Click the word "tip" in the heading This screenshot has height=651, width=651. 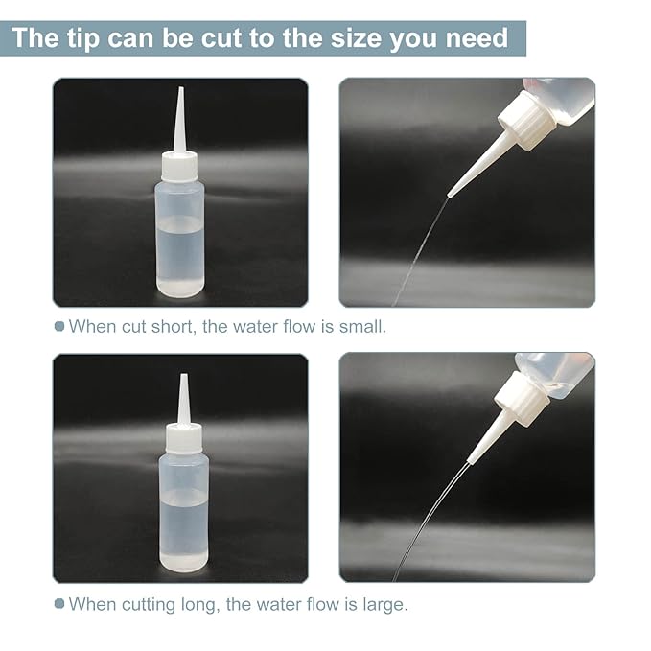pos(95,38)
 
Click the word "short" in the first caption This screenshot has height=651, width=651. pos(167,327)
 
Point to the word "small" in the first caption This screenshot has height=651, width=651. pos(364,327)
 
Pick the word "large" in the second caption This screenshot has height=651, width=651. pos(384,605)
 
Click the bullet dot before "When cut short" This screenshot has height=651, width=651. pos(59,327)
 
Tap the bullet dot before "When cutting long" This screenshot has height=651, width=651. pos(59,605)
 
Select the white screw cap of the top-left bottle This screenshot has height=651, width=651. pos(179,167)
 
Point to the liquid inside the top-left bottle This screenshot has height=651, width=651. pos(180,254)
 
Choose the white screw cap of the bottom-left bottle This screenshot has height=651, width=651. pos(183,438)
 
